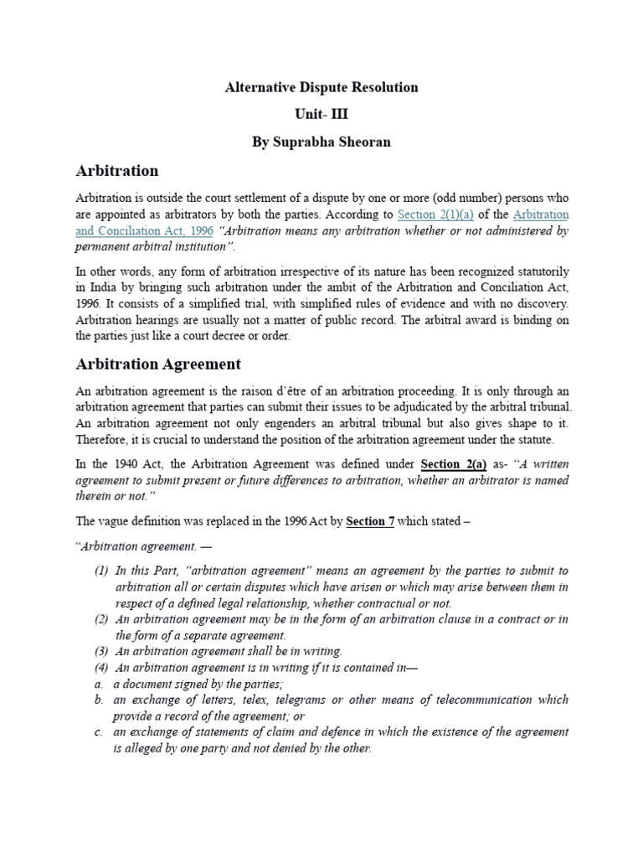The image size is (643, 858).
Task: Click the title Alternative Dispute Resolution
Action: tap(321, 87)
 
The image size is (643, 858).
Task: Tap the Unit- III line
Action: tap(321, 115)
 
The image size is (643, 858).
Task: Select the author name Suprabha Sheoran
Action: tap(321, 142)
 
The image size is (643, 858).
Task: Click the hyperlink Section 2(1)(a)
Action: tap(430, 214)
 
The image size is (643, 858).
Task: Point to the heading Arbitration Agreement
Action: tap(157, 364)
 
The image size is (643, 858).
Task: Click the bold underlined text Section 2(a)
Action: tap(454, 465)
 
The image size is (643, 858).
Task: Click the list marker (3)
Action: tap(100, 651)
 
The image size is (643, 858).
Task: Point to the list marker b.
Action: tap(98, 700)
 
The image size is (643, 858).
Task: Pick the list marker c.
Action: tap(98, 732)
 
